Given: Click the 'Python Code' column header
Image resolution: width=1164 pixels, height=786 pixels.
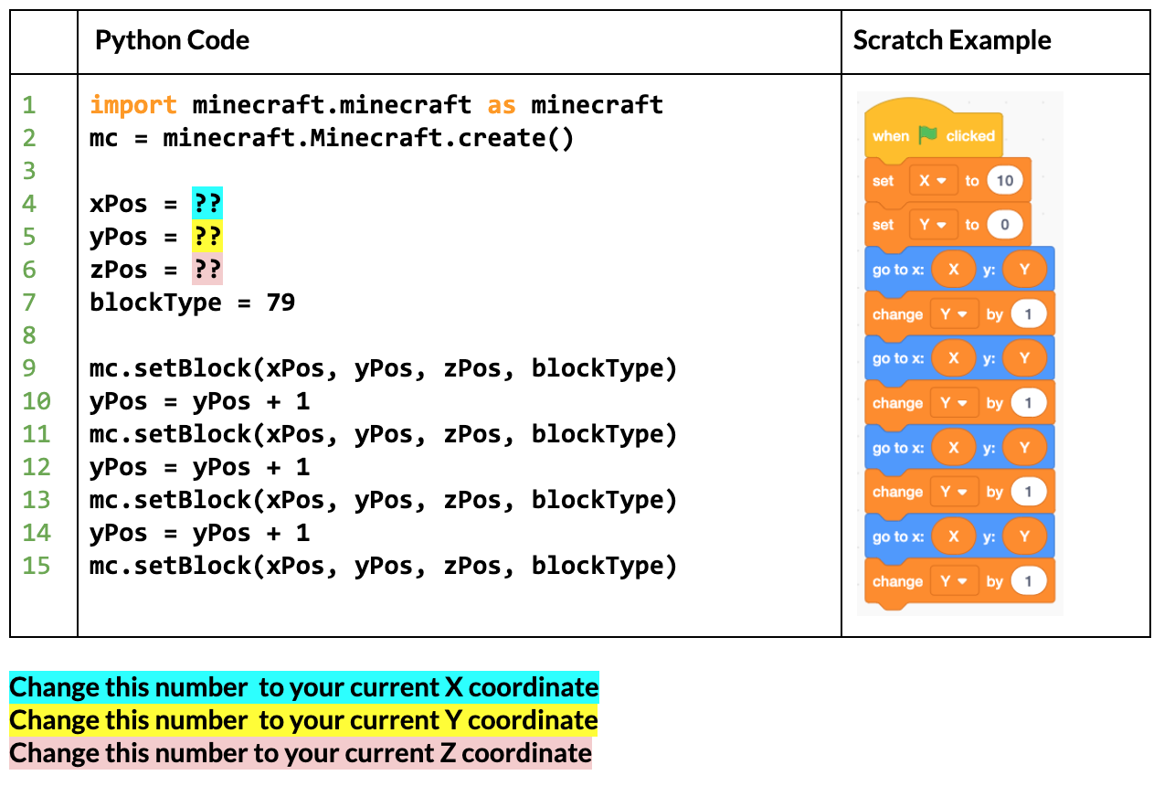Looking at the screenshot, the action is click(172, 40).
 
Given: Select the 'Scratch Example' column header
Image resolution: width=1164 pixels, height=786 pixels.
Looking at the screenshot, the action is click(952, 40).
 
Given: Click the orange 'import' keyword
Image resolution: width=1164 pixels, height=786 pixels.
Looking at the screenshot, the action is click(133, 105).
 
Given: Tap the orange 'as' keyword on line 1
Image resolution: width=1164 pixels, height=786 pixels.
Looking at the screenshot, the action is click(502, 105).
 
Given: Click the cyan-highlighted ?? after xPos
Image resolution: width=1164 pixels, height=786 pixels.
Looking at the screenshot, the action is click(207, 203).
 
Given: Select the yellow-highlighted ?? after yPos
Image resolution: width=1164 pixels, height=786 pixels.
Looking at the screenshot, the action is click(207, 237).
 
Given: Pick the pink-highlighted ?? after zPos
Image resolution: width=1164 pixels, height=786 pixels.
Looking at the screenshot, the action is click(207, 270).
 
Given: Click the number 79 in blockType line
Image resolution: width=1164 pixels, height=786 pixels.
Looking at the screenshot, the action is click(280, 302).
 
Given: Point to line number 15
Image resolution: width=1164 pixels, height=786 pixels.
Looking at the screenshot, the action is click(37, 566).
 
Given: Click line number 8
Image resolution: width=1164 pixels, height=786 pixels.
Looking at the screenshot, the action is click(29, 335).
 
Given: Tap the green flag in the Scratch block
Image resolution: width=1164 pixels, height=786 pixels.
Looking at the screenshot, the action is click(927, 135).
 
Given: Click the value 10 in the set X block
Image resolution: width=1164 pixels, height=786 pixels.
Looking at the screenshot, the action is click(1005, 180).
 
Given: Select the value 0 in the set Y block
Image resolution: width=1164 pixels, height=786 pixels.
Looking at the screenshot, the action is click(1005, 225).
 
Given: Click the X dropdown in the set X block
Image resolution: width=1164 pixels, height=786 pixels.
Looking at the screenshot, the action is click(934, 180).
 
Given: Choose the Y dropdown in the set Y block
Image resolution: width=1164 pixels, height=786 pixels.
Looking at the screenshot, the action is click(934, 225).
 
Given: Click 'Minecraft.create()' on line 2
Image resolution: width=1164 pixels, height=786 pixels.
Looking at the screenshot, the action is click(441, 138).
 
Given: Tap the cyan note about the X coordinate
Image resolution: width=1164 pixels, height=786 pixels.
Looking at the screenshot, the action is click(304, 687).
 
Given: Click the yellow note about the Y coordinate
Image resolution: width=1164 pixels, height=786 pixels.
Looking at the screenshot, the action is click(303, 720).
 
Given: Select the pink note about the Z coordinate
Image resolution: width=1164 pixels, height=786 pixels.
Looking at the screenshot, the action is click(301, 753).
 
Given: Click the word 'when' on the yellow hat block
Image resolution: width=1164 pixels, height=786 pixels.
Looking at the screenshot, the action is click(891, 136).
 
